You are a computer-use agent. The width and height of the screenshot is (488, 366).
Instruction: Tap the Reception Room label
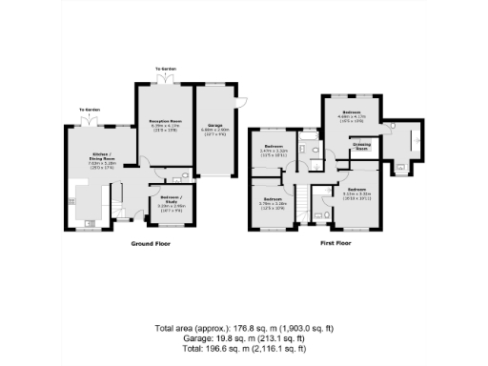pos(165,121)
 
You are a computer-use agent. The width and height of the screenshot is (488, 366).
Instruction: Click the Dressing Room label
pos(362,148)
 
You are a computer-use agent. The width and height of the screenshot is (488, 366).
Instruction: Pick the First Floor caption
pos(335,244)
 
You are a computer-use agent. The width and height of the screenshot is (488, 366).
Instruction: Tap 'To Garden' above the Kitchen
pos(90,110)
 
